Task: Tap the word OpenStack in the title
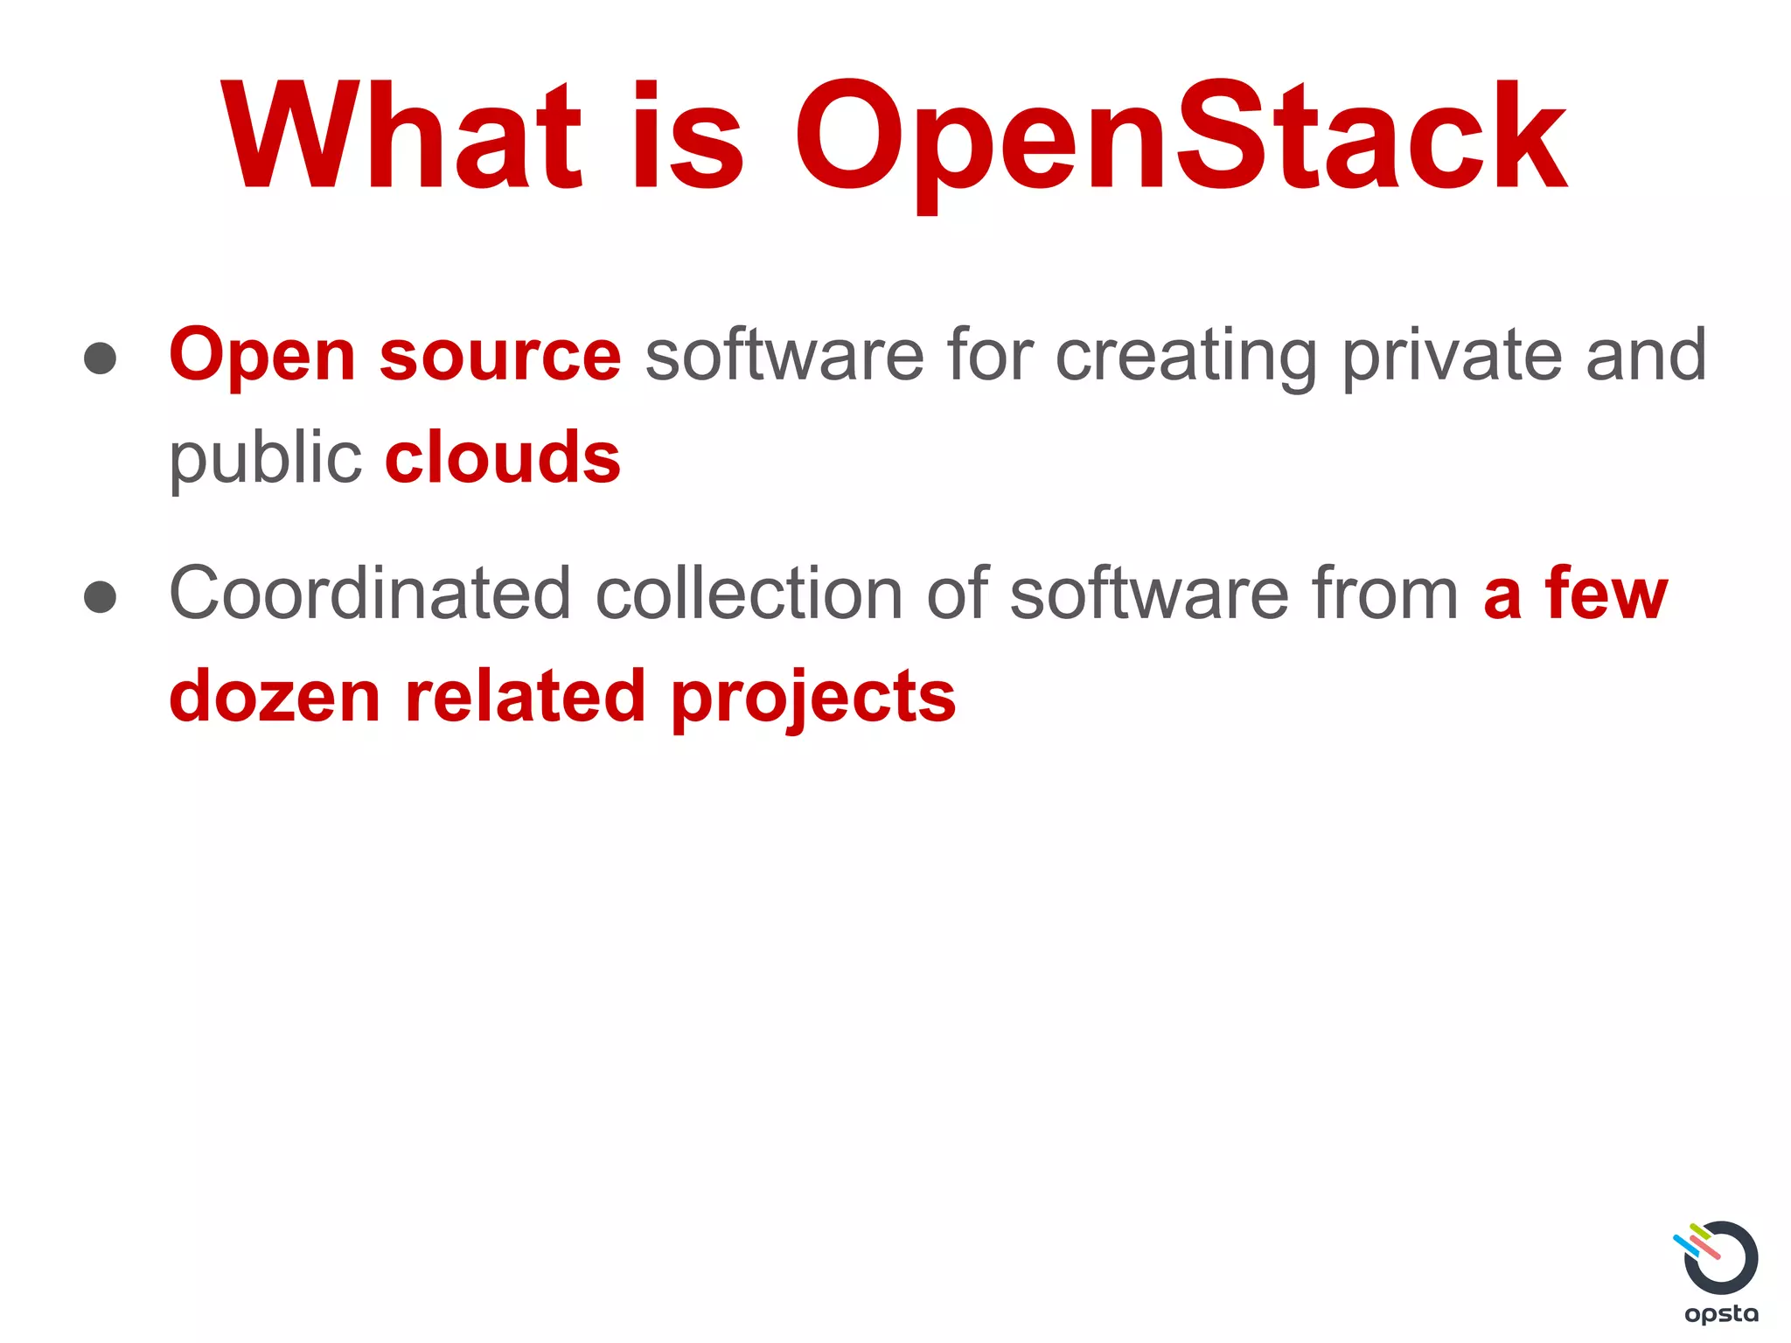pos(1180,138)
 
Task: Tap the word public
pos(265,460)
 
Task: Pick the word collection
pos(749,594)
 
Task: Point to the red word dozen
pos(275,697)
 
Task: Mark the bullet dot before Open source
pos(101,358)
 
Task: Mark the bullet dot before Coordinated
pos(101,596)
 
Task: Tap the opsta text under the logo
pos(1721,1314)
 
